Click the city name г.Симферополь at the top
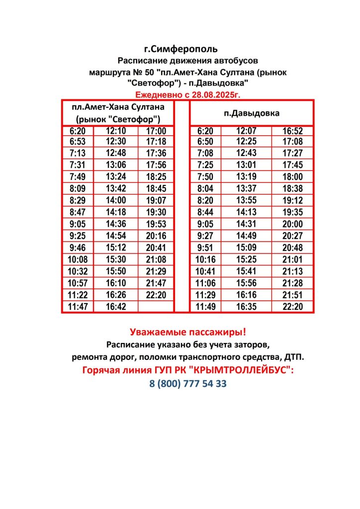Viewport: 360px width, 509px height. (x=180, y=49)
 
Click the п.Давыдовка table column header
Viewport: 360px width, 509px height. (x=252, y=113)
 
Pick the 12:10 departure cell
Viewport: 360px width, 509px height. (x=116, y=131)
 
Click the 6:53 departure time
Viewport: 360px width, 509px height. (x=78, y=142)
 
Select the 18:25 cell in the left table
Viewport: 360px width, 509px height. (x=156, y=176)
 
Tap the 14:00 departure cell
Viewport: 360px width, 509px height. (x=116, y=200)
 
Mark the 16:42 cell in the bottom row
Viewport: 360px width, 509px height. (x=116, y=307)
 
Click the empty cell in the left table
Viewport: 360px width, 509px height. (x=156, y=307)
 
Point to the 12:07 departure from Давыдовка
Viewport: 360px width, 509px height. (x=246, y=131)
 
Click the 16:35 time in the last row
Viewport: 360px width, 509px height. (x=246, y=307)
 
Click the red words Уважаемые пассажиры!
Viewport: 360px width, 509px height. (x=187, y=332)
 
